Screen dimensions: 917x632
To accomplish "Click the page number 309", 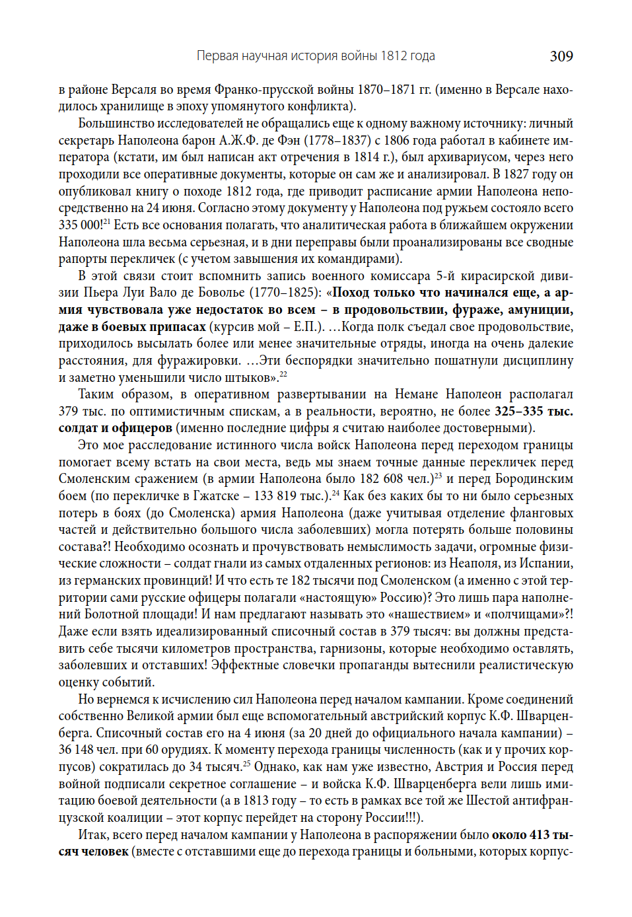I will tap(561, 56).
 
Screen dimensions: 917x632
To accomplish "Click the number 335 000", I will tap(80, 225).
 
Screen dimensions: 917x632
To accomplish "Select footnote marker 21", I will tap(106, 221).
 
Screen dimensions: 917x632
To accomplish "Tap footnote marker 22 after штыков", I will tap(283, 374).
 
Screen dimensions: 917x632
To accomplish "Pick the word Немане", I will tap(416, 394).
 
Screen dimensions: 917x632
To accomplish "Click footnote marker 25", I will tap(246, 763).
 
